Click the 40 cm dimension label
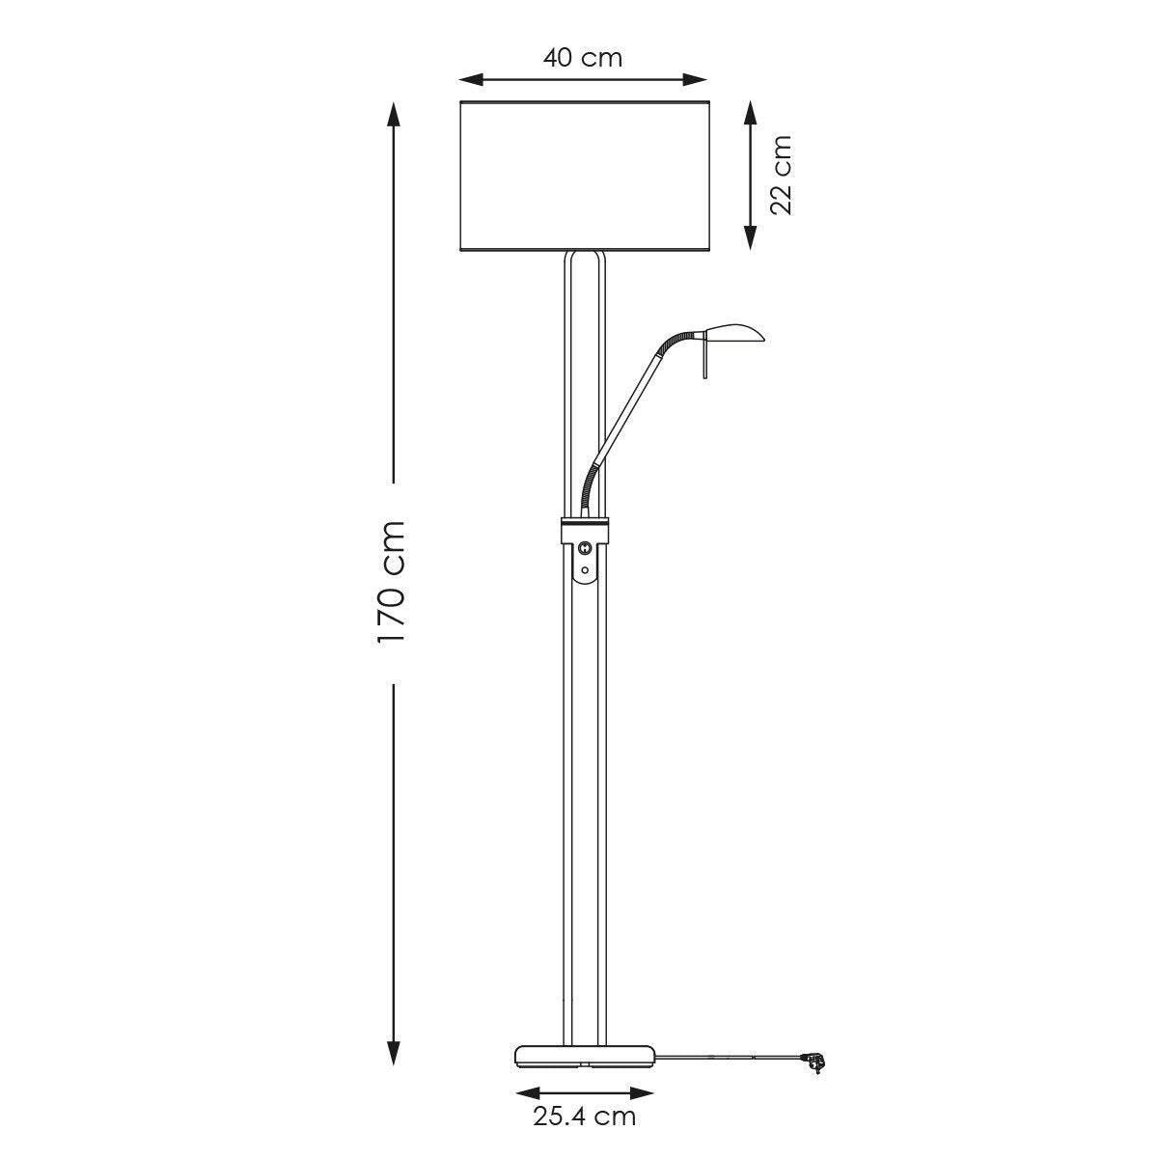582,58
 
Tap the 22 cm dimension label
780,175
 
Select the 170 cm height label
392,582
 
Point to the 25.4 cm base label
584,1117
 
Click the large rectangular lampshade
585,176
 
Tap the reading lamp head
733,333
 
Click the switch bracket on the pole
585,550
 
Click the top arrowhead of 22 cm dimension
750,111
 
